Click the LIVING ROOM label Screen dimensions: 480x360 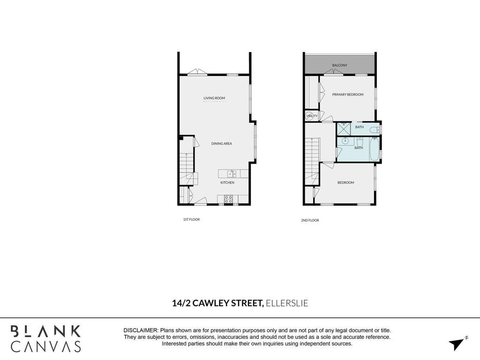214,98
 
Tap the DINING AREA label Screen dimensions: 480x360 222,143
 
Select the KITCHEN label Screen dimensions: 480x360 227,182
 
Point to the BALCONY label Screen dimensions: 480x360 340,65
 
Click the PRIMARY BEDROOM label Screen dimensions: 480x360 348,95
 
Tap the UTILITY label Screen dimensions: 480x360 312,116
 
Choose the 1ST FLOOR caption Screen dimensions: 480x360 191,219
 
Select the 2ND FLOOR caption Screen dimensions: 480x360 310,220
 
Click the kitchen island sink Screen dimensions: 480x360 232,174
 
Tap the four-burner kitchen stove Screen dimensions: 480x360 228,199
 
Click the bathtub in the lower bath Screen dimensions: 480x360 375,149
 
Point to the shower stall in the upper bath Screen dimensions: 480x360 344,128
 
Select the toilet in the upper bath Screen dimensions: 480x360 375,130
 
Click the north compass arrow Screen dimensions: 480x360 457,344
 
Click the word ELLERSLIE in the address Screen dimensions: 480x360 287,303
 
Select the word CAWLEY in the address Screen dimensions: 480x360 210,303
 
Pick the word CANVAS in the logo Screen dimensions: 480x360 46,346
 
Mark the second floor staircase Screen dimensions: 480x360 312,161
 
